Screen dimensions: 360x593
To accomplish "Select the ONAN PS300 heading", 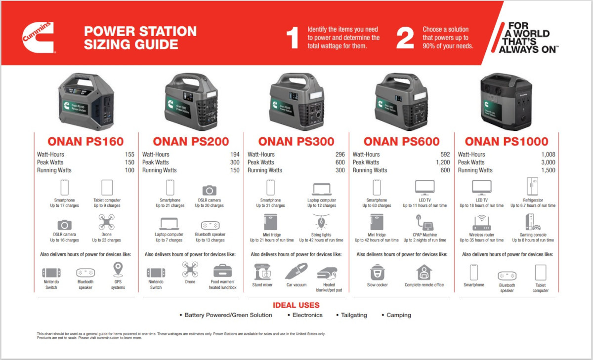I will click(x=296, y=142).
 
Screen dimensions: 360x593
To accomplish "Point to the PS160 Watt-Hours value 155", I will click(x=129, y=155).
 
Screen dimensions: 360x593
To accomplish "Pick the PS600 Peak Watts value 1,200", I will click(x=442, y=162).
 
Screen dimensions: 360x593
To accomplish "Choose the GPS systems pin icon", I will click(x=118, y=270).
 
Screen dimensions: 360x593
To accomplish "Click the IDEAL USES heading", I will click(x=296, y=305).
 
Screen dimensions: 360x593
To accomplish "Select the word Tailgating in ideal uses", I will click(x=355, y=315).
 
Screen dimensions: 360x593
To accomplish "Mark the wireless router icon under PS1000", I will click(x=481, y=223).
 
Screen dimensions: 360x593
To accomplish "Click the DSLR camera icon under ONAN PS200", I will click(x=210, y=190).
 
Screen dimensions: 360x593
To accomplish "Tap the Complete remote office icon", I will click(x=424, y=272).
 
